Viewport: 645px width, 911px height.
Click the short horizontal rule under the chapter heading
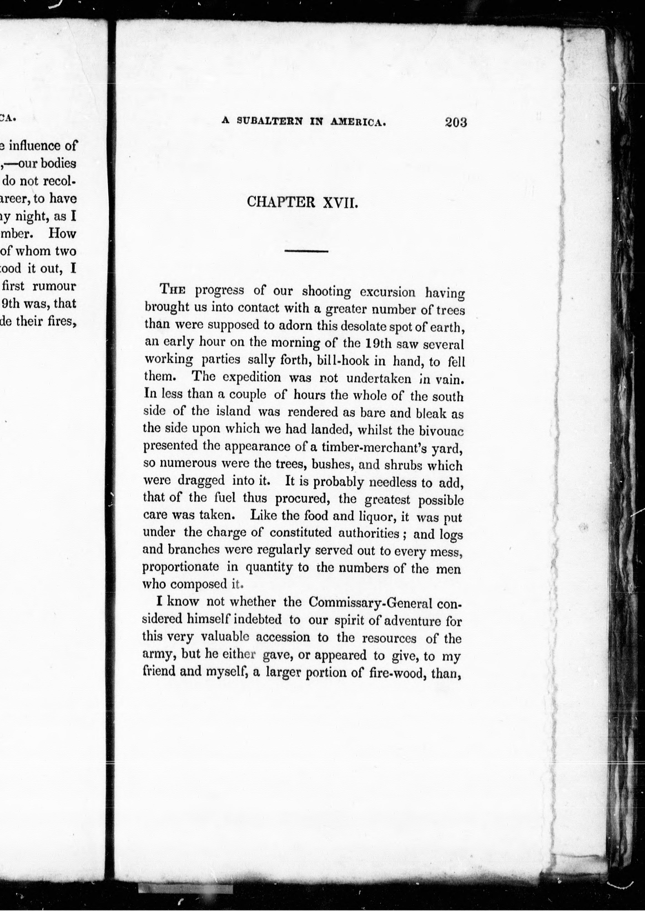click(x=306, y=251)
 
